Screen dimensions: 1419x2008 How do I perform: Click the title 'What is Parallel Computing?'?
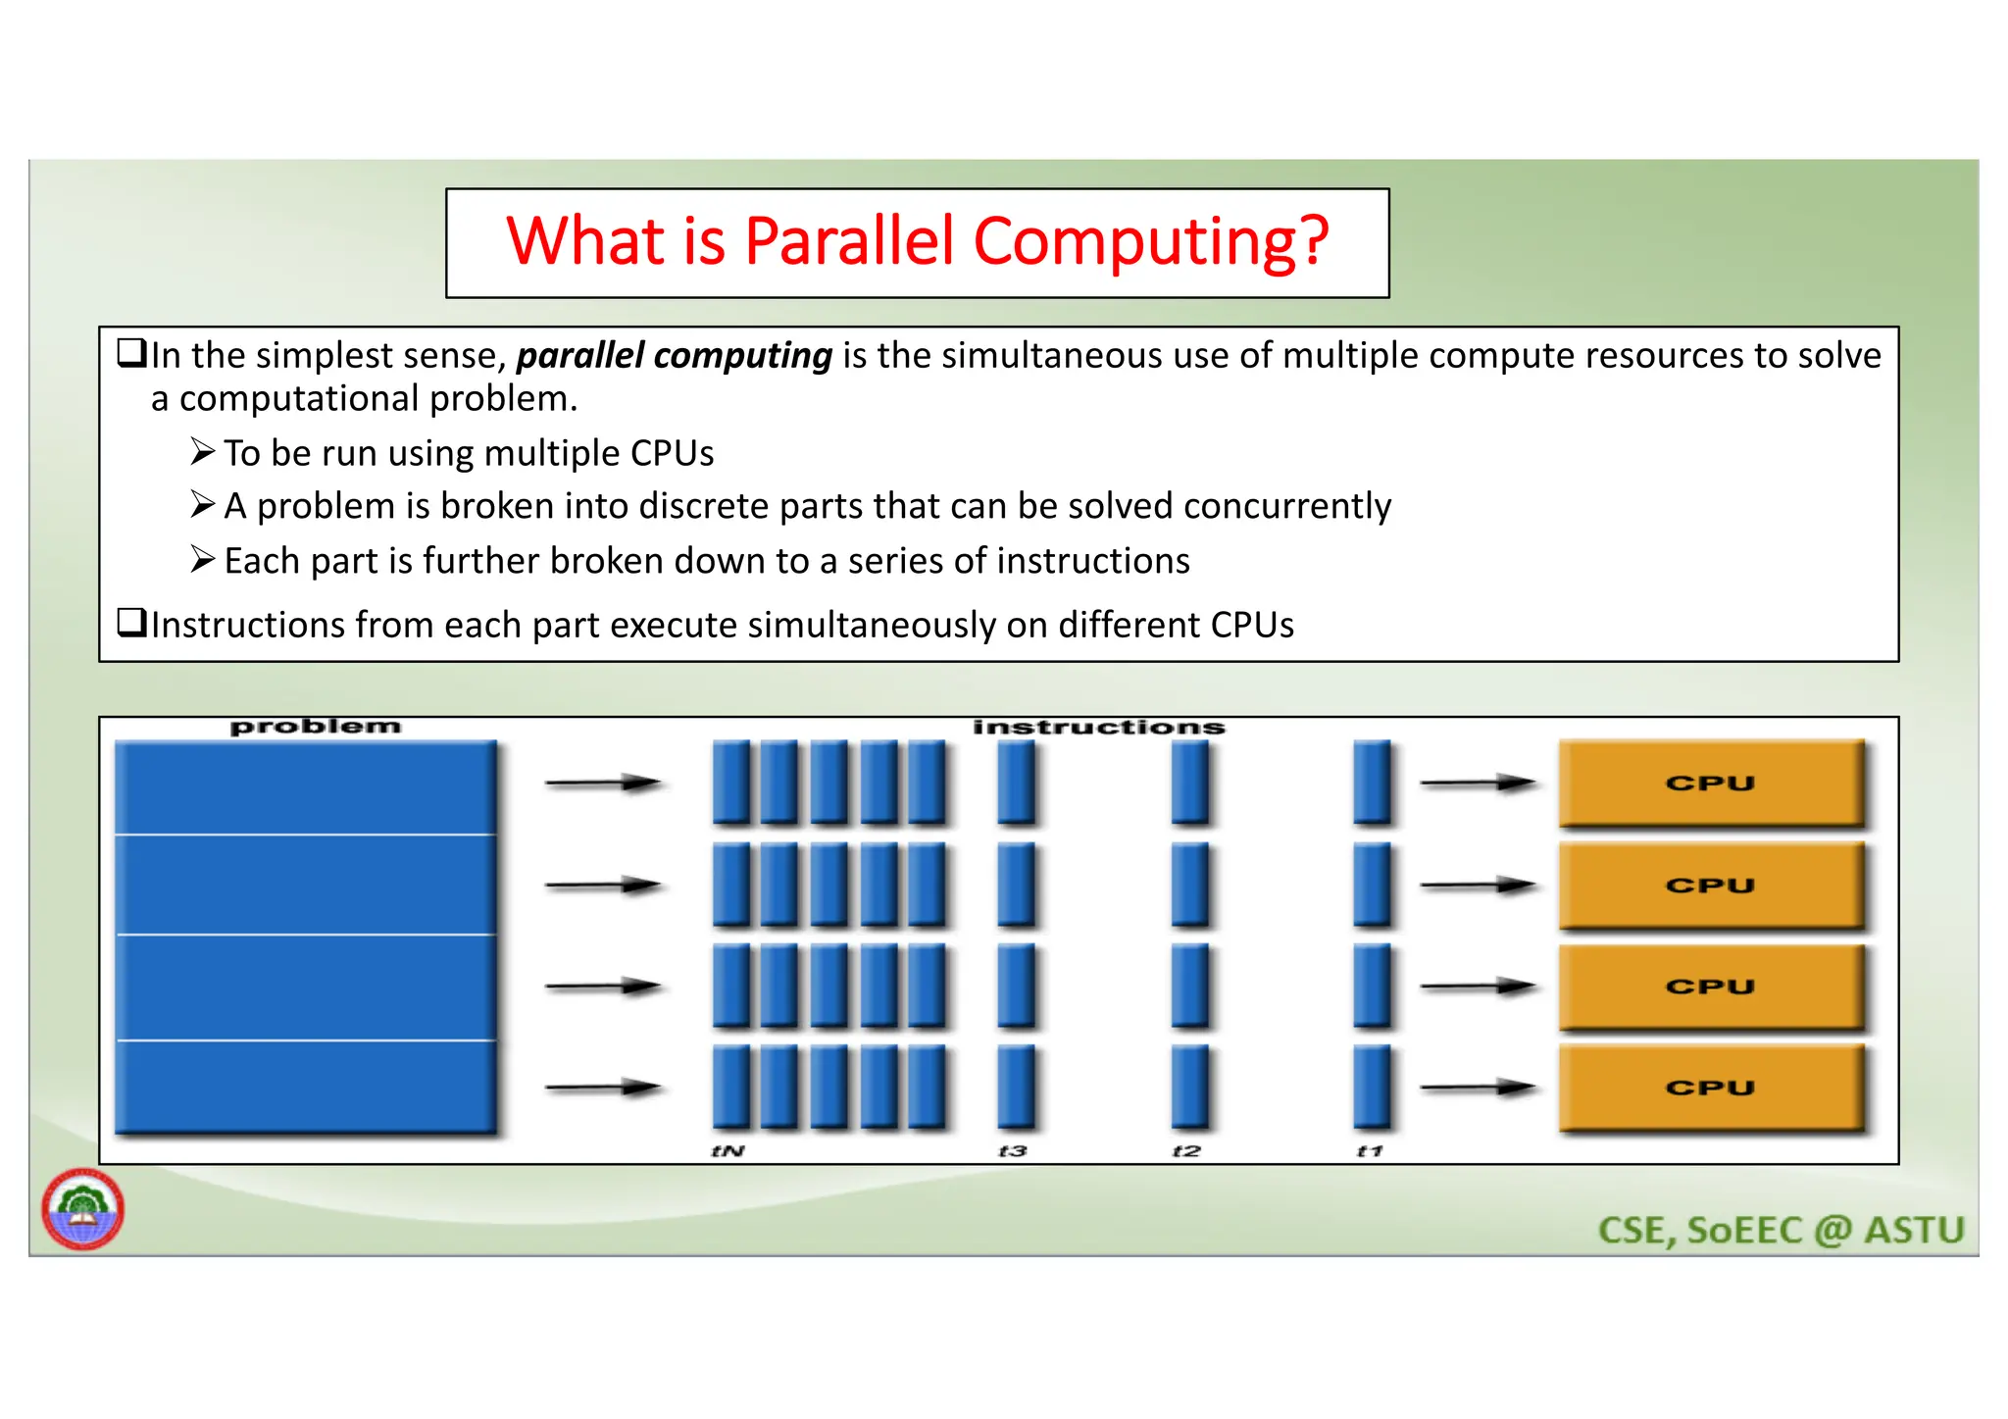pos(917,241)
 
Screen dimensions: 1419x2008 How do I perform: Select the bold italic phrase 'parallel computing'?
pos(674,356)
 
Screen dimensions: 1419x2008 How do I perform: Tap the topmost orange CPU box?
pos(1711,783)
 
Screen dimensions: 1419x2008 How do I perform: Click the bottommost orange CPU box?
pos(1711,1088)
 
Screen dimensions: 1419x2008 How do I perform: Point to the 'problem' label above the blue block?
pos(315,727)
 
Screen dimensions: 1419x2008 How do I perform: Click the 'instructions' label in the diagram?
pos(1098,727)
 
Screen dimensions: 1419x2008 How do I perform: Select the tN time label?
pos(728,1151)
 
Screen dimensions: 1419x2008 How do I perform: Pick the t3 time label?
pos(1012,1151)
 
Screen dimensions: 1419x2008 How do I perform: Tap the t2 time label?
pos(1186,1151)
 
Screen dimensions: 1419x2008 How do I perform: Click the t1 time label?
pos(1369,1151)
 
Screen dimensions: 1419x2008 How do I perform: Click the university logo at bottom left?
pos(82,1208)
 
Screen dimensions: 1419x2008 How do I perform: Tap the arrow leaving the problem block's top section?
pos(602,783)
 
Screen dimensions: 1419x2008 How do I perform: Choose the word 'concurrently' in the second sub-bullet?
pos(1286,506)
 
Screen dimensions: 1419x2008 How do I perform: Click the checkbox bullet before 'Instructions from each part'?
pos(131,623)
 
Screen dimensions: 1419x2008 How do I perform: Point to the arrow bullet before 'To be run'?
pos(202,452)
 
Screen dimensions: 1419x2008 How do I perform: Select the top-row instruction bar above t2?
pos(1189,782)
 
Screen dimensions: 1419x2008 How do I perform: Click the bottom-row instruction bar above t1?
pos(1371,1086)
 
